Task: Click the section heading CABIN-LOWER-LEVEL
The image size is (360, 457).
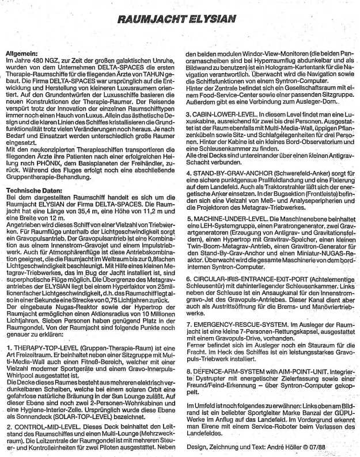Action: point(226,114)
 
